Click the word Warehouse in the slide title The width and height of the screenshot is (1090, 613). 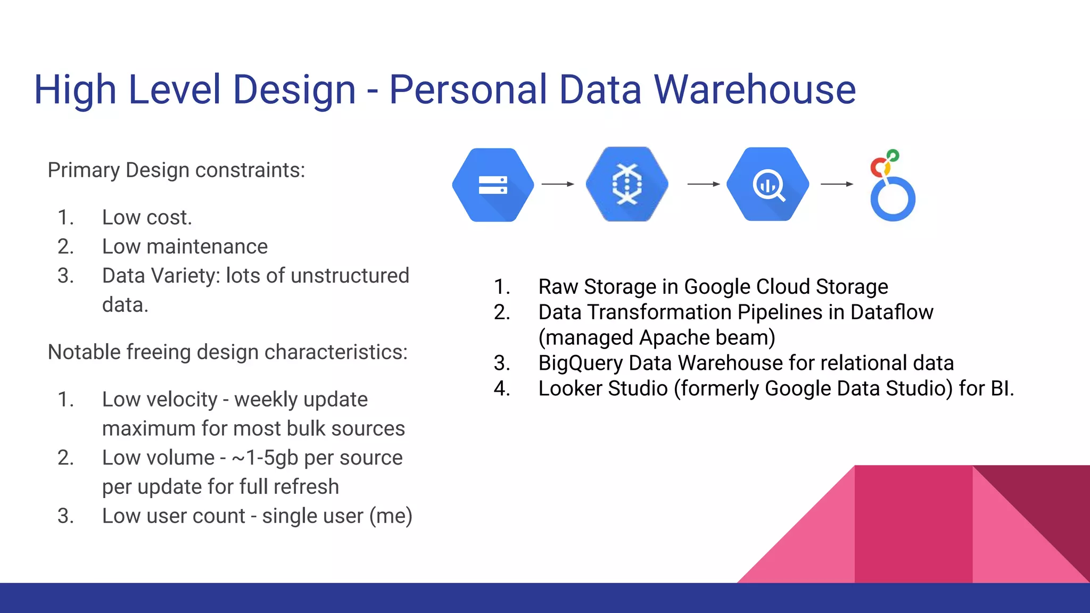pyautogui.click(x=755, y=89)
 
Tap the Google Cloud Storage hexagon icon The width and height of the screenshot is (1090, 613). pyautogui.click(x=493, y=185)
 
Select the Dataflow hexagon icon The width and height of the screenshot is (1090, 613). pyautogui.click(x=627, y=184)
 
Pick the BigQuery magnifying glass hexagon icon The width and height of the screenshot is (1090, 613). pyautogui.click(x=767, y=184)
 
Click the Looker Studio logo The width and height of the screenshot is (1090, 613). pyautogui.click(x=892, y=186)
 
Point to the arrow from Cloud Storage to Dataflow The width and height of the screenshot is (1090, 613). pyautogui.click(x=557, y=184)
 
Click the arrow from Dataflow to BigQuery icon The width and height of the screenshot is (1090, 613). pyautogui.click(x=703, y=184)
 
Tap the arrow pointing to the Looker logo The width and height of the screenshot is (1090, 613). pyautogui.click(x=837, y=184)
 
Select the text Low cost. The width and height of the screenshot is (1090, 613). pyautogui.click(x=147, y=218)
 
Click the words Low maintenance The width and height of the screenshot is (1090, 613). pyautogui.click(x=185, y=247)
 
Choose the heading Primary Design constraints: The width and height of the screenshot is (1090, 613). pyautogui.click(x=176, y=170)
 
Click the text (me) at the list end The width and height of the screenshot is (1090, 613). pyautogui.click(x=391, y=516)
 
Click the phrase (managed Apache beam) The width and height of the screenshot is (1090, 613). pyautogui.click(x=656, y=338)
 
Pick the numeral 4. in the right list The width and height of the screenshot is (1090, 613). pyautogui.click(x=501, y=389)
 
